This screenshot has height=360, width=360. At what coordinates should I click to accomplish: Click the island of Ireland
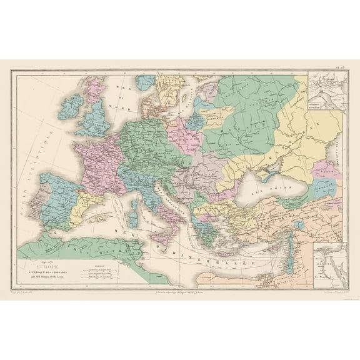[x=70, y=114]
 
